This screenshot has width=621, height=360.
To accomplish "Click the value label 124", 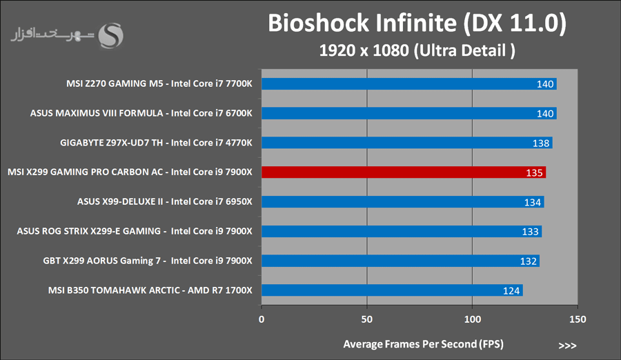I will click(x=511, y=290).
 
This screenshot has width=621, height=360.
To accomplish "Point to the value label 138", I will click(x=541, y=143).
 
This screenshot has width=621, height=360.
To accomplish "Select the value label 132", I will click(x=529, y=261).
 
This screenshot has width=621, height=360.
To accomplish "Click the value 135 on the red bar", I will click(x=535, y=172).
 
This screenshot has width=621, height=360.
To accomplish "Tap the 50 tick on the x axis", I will click(x=367, y=319).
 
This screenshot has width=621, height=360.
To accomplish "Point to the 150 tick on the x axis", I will click(x=578, y=319).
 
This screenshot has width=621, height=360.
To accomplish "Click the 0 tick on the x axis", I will click(x=262, y=319).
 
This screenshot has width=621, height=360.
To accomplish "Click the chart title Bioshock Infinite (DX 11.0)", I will click(x=417, y=23).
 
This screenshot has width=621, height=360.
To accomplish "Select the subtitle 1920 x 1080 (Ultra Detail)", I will click(x=417, y=50).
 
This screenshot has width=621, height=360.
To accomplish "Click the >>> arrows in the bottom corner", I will click(x=567, y=345).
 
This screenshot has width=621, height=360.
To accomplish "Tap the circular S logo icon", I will click(x=112, y=34).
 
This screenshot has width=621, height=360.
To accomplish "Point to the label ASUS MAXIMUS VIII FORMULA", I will click(x=141, y=113).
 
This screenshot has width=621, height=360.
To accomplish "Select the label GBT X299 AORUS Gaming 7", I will click(x=148, y=261).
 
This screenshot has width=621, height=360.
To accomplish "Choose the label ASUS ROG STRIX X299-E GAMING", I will click(x=135, y=231).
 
